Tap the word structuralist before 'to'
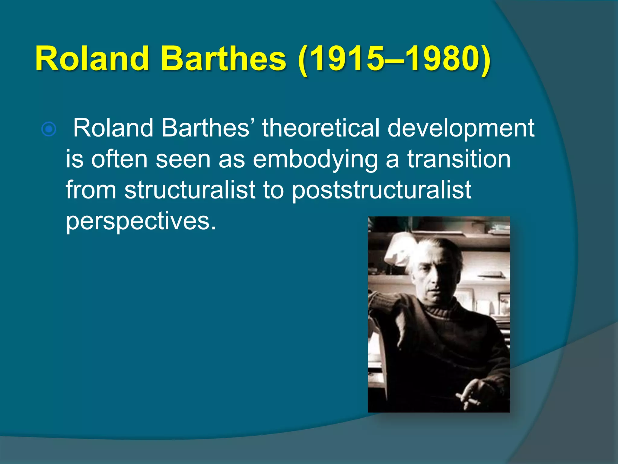pos(190,190)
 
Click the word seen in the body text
pos(183,159)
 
